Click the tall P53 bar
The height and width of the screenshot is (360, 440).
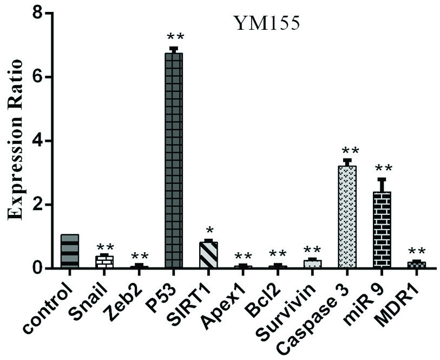(174, 160)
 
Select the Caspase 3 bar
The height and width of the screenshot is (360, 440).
(347, 217)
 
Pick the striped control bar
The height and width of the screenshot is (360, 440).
(70, 251)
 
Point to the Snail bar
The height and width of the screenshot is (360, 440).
(104, 261)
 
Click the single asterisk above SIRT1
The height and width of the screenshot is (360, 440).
(208, 227)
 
